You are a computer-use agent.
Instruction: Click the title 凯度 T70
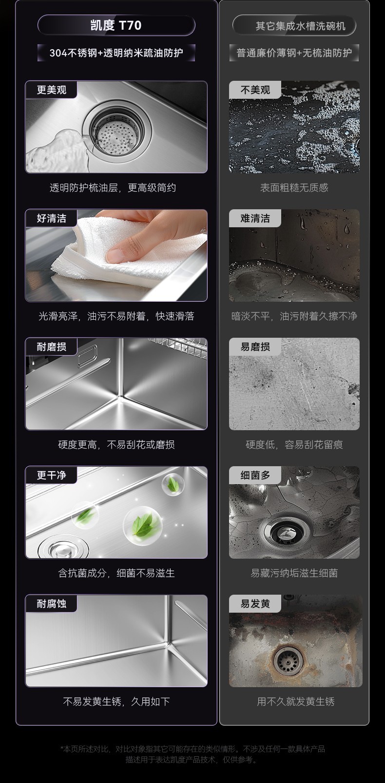[116, 25]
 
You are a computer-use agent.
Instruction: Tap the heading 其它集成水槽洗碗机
[300, 26]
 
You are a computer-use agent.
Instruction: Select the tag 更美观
[52, 90]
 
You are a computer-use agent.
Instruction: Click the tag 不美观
[255, 90]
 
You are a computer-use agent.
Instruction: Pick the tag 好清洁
[52, 219]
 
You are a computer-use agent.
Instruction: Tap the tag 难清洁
[255, 219]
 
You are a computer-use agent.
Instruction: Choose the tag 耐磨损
[52, 347]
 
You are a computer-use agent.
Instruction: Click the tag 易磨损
[255, 347]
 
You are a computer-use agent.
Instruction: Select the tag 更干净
[52, 475]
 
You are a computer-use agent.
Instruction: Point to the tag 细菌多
[255, 475]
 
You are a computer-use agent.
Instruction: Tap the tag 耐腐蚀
[52, 604]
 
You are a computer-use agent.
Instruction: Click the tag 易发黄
[255, 604]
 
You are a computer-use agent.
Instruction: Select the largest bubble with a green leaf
[143, 526]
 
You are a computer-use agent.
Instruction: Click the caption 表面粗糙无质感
[294, 188]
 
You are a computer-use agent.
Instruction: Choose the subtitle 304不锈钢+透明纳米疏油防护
[116, 53]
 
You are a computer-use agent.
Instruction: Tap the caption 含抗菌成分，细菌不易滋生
[116, 573]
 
